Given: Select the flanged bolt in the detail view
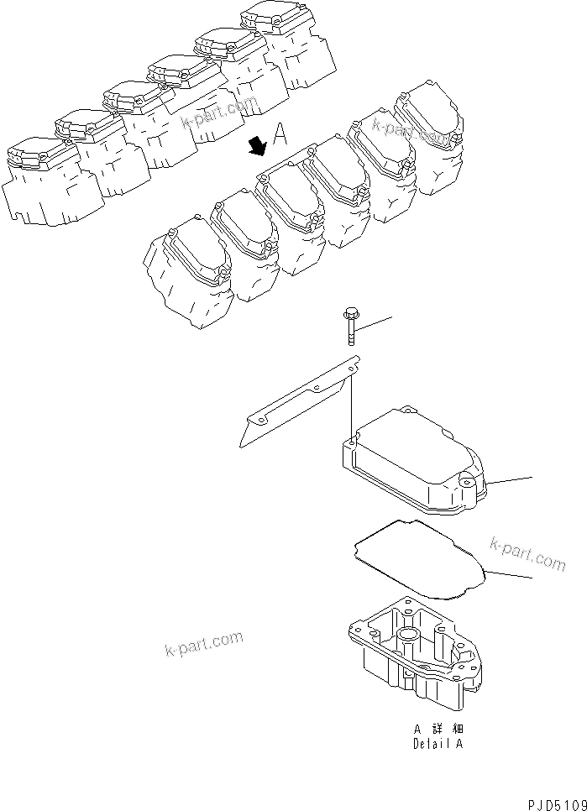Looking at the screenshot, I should [x=349, y=329].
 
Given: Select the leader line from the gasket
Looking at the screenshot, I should [x=509, y=575].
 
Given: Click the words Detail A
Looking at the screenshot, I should [x=437, y=744].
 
